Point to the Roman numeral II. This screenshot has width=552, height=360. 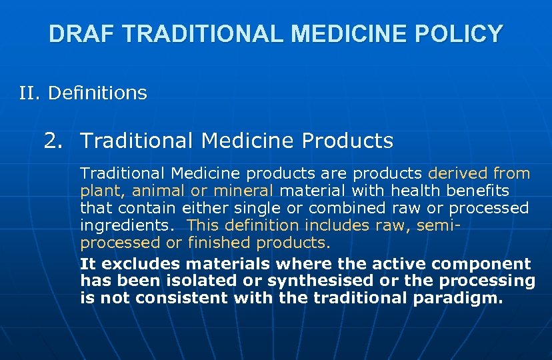[x=31, y=93]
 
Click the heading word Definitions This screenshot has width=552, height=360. [x=97, y=93]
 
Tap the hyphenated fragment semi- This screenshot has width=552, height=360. [x=442, y=225]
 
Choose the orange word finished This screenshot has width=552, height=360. [x=219, y=242]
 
